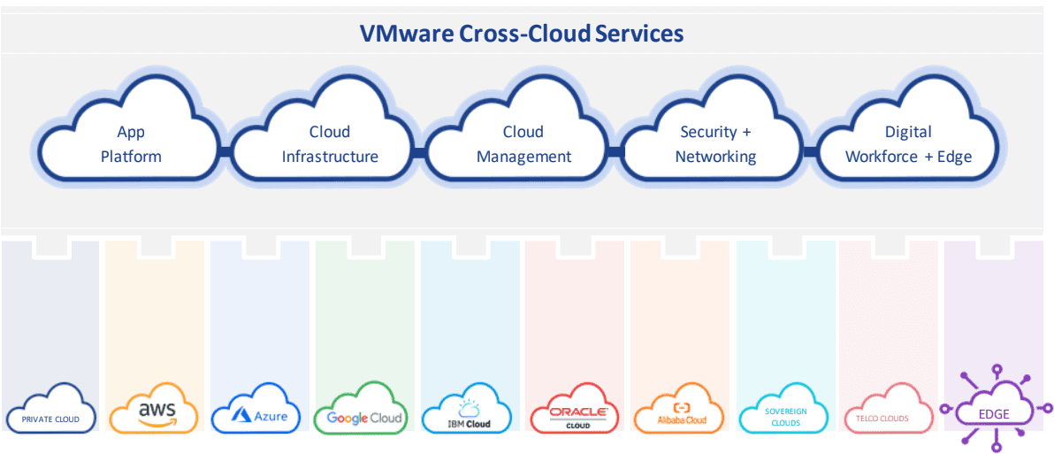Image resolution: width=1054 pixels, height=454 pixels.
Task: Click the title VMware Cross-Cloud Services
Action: click(x=521, y=34)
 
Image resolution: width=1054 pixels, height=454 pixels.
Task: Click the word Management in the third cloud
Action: click(x=524, y=158)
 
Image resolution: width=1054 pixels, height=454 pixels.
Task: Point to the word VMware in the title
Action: click(x=406, y=34)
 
